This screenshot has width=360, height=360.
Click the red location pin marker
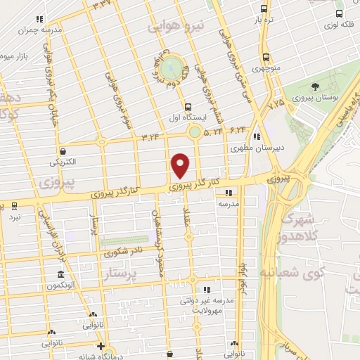181,165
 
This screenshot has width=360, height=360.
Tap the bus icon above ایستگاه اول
186,106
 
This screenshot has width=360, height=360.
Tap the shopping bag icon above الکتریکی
63,150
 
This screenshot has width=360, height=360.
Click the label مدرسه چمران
40,30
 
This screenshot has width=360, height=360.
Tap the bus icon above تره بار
263,9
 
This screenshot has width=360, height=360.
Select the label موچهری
266,69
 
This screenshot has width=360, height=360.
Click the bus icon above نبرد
14,206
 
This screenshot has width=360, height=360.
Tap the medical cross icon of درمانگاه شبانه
102,347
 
